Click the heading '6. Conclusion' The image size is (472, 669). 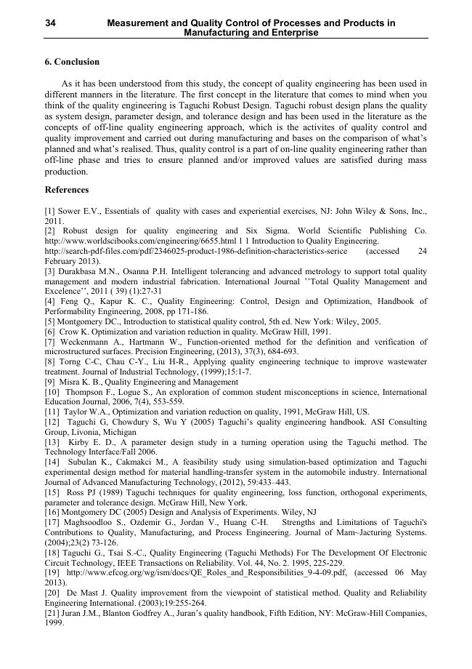coord(72,62)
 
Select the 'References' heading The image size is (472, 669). coord(67,190)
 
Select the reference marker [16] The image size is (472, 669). coord(52,512)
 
